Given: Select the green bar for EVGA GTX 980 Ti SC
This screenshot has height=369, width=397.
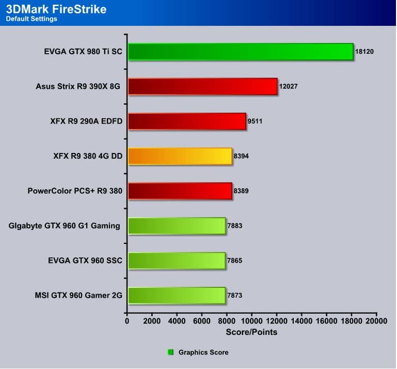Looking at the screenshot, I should (x=241, y=52).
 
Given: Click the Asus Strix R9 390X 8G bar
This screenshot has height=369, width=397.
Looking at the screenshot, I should (x=202, y=86).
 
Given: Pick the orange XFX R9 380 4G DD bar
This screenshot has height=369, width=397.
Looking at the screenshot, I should (x=180, y=156).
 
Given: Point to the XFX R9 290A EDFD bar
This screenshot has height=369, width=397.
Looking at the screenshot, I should (x=187, y=121).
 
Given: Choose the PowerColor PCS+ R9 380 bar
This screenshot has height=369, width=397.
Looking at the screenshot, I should (x=180, y=191).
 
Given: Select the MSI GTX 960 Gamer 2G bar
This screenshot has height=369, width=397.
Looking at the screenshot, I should (x=177, y=295).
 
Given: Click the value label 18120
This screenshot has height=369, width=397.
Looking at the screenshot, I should (x=364, y=52).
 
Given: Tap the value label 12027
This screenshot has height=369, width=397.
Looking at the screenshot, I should (x=288, y=86).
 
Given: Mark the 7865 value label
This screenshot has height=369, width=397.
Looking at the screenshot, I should (x=235, y=260).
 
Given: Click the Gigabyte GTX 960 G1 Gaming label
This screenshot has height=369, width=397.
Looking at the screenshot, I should (x=65, y=225).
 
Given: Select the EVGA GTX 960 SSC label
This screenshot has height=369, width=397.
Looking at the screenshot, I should (x=84, y=260).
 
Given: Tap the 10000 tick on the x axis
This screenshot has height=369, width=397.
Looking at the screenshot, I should (x=251, y=321).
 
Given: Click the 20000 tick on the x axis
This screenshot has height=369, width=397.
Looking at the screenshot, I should (x=376, y=321).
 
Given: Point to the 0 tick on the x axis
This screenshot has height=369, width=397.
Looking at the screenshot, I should (x=127, y=321).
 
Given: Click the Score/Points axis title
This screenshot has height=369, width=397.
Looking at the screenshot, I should (x=251, y=332).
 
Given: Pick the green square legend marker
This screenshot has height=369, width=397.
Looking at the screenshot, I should (x=171, y=352).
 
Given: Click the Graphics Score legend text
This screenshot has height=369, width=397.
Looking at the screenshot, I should (x=203, y=352).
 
